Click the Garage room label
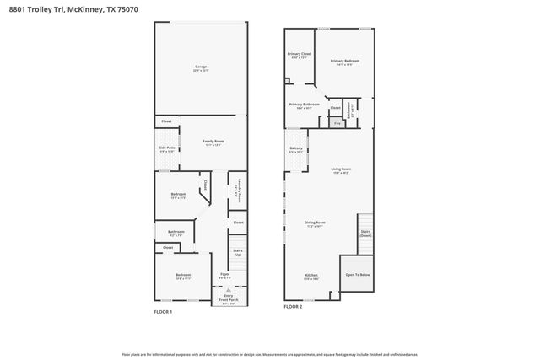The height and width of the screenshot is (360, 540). pyautogui.click(x=201, y=67)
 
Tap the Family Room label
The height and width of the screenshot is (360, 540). pyautogui.click(x=213, y=142)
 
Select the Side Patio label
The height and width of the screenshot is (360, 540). pyautogui.click(x=167, y=149)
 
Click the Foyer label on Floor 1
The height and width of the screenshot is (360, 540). pyautogui.click(x=225, y=276)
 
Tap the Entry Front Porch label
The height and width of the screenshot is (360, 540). pyautogui.click(x=225, y=296)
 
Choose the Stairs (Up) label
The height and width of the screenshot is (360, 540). pyautogui.click(x=238, y=252)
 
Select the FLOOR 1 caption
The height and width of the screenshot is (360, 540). pyautogui.click(x=163, y=313)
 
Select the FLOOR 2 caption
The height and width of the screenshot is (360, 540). pyautogui.click(x=293, y=308)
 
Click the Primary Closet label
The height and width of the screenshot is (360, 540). pyautogui.click(x=300, y=56)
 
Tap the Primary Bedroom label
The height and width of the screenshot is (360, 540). pyautogui.click(x=344, y=62)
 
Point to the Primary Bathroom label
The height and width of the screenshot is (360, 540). pyautogui.click(x=305, y=105)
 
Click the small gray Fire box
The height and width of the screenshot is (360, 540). pyautogui.click(x=337, y=124)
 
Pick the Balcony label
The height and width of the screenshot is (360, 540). pyautogui.click(x=296, y=150)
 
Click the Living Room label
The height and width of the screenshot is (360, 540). pyautogui.click(x=341, y=170)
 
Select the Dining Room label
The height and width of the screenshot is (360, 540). pyautogui.click(x=315, y=223)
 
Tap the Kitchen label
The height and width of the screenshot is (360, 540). pyautogui.click(x=312, y=276)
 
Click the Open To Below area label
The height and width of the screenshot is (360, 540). pyautogui.click(x=357, y=275)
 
